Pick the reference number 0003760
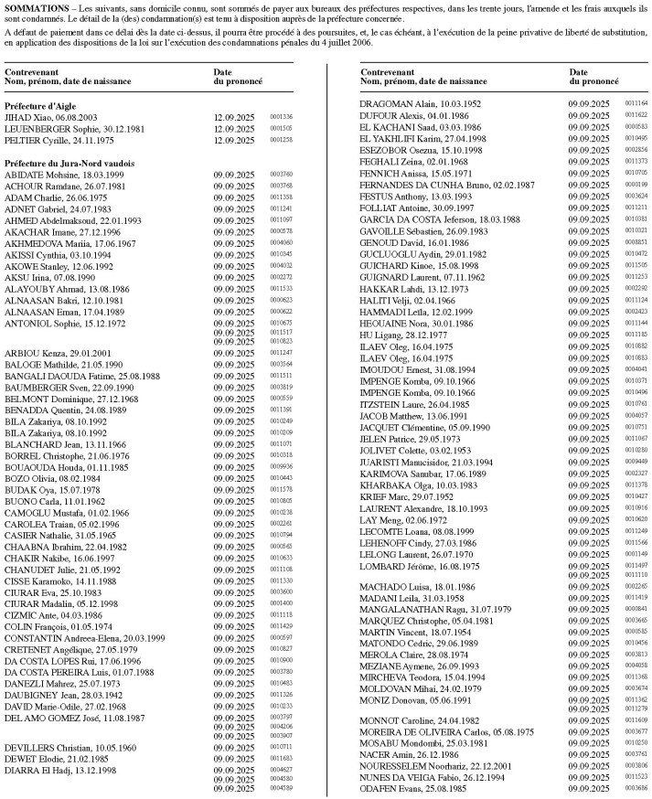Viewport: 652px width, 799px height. [281, 174]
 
